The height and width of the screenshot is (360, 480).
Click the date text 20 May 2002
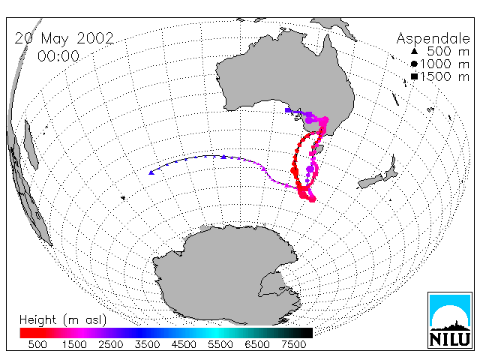(x=64, y=38)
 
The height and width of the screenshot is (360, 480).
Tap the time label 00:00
(x=58, y=56)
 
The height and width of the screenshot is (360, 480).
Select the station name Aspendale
(x=433, y=38)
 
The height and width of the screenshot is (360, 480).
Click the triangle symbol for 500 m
(x=414, y=51)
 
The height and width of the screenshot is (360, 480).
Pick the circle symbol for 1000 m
(x=414, y=64)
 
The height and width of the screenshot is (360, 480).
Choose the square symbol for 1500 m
(x=414, y=76)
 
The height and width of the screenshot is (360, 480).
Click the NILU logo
(x=450, y=320)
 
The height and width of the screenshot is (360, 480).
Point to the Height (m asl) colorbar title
(x=63, y=320)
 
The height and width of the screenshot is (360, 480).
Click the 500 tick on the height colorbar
(x=37, y=345)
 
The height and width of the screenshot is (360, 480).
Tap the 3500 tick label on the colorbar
(x=147, y=345)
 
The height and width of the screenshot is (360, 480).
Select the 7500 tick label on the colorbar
(x=293, y=345)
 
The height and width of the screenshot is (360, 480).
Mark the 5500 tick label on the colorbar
(x=220, y=345)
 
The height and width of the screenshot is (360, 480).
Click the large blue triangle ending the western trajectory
(x=151, y=173)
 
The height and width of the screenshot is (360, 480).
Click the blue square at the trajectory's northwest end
(x=287, y=110)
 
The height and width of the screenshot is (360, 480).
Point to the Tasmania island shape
(x=318, y=151)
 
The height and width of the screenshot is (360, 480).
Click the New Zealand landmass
(x=379, y=175)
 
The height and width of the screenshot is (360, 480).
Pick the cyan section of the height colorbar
(x=214, y=333)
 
